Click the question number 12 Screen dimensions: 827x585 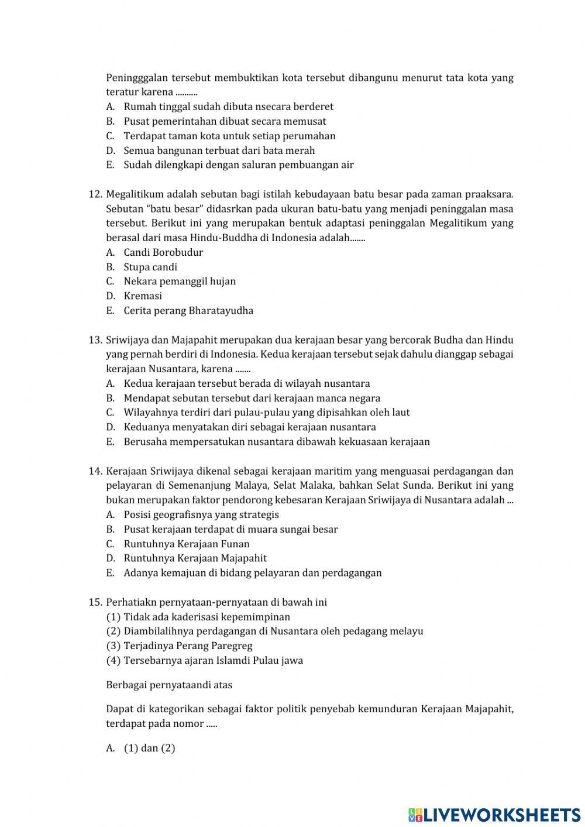95,194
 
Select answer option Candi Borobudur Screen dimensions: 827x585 163,252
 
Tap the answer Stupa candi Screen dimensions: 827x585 150,267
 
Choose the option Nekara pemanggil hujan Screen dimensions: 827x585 180,281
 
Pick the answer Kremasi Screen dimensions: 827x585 143,296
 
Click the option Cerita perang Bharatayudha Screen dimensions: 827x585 188,310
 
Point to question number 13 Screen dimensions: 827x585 95,339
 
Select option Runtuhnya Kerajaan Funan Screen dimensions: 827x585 187,544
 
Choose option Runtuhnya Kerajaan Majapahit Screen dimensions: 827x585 195,558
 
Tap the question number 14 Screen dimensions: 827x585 95,471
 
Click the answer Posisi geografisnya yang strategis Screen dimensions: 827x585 201,514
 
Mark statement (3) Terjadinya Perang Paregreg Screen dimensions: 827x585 179,646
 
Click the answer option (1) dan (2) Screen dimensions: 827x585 149,748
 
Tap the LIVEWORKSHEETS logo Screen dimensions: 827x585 494,814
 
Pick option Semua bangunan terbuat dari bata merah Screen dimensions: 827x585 219,150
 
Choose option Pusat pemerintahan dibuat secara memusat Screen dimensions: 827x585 225,121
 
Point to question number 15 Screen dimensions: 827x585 95,602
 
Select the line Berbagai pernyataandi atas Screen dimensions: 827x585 169,684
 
